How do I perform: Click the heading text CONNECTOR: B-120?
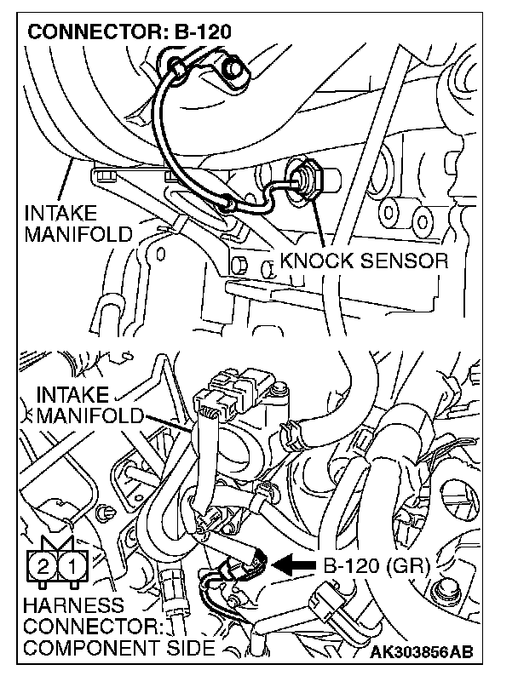tap(129, 33)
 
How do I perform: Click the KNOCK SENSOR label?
tap(364, 261)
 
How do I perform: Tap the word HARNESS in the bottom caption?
tap(75, 605)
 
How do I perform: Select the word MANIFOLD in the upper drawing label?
tap(78, 233)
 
